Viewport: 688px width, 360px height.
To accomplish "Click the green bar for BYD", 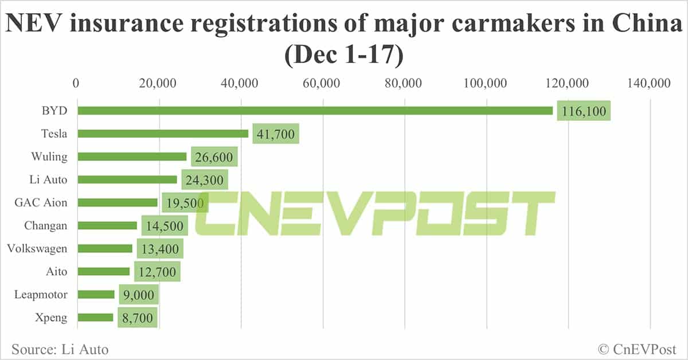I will tap(315, 111).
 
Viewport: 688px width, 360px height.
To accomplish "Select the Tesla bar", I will tap(163, 134).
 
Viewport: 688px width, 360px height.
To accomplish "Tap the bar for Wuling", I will tap(132, 156).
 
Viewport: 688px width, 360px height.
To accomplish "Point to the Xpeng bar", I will tap(95, 318).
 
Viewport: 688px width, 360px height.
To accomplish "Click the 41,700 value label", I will tap(275, 134).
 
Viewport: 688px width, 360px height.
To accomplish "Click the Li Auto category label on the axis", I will tap(49, 179).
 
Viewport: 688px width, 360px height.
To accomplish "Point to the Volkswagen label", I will tap(37, 249).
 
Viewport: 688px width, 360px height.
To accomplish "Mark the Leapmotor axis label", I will tap(41, 295).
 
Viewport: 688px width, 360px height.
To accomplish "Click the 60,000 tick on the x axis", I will tap(322, 83).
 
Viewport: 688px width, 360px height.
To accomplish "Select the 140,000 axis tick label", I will tap(650, 83).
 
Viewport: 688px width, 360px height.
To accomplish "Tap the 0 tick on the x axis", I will tap(76, 83).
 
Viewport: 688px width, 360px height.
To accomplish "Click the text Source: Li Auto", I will tap(60, 349).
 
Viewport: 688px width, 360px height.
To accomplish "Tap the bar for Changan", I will tap(107, 226).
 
